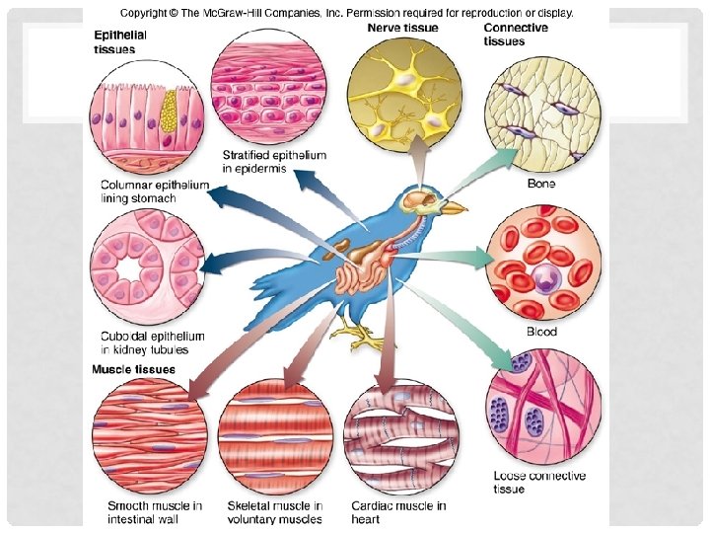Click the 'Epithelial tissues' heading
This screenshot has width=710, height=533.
coord(121,41)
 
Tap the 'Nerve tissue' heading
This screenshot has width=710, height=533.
coord(403,28)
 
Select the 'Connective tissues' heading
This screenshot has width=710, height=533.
coord(516,35)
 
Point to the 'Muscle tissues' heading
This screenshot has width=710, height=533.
coord(134,370)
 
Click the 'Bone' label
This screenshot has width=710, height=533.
coord(541,184)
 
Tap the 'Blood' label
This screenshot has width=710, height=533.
coord(541,332)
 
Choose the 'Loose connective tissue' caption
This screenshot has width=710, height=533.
coord(539,482)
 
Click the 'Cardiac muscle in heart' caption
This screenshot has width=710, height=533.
coord(398,512)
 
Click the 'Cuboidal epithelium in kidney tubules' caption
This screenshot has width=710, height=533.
coord(144,343)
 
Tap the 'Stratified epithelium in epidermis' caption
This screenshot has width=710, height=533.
coord(274,162)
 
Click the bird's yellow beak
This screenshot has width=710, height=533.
coord(453,208)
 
